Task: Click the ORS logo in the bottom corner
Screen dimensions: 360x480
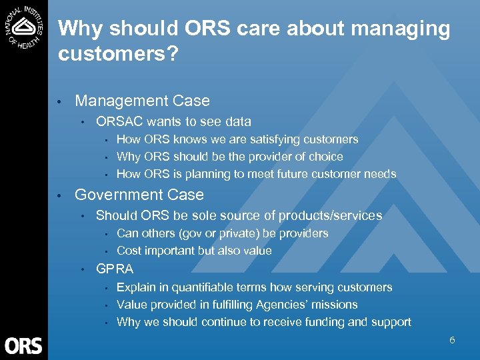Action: click(x=23, y=345)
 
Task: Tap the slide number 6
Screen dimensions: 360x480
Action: click(x=452, y=340)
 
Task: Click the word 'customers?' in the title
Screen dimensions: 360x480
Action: click(x=118, y=54)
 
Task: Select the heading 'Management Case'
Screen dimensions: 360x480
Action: click(x=142, y=101)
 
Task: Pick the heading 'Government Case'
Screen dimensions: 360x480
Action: click(x=139, y=195)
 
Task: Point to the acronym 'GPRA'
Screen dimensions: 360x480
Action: click(x=115, y=269)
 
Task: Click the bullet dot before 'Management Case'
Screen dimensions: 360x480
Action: click(x=60, y=102)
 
